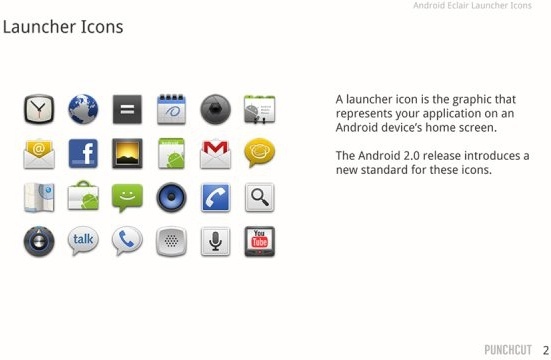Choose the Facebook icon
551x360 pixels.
tap(83, 153)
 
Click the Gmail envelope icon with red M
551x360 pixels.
tap(216, 153)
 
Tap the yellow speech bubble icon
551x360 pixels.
tap(260, 153)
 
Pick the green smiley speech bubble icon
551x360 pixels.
tap(127, 197)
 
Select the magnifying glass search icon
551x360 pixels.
tap(260, 197)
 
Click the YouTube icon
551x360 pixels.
tap(260, 241)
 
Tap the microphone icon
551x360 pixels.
tap(216, 241)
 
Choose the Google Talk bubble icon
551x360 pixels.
tap(83, 241)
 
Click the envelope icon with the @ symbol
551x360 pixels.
tap(39, 153)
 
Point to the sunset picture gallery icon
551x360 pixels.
tap(127, 153)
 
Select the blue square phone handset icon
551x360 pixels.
tap(216, 197)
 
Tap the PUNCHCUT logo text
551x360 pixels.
tap(508, 350)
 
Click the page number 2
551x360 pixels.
tap(545, 350)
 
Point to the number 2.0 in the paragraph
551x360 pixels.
tap(431, 156)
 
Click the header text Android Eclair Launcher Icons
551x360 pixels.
tap(472, 6)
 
